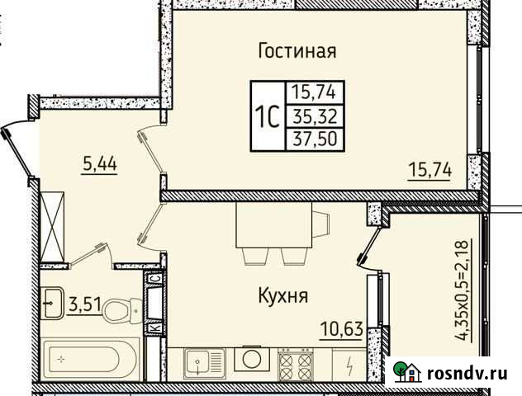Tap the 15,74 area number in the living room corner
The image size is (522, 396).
pyautogui.click(x=428, y=170)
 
